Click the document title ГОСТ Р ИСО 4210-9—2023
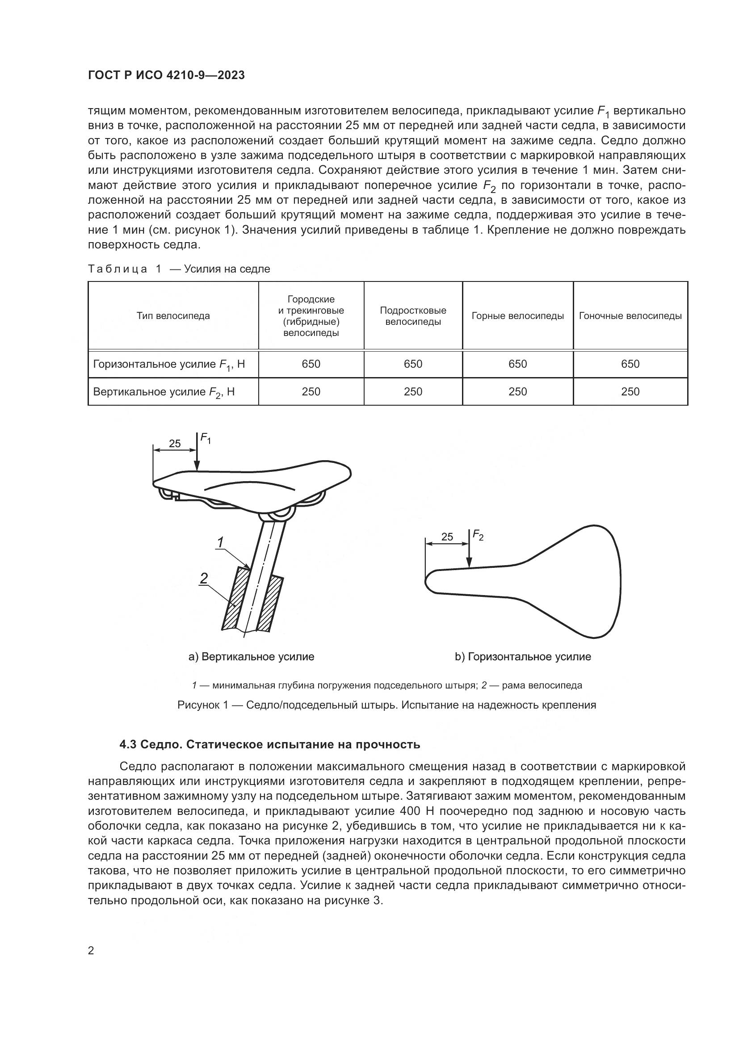coord(166,76)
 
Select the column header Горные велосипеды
coord(517,316)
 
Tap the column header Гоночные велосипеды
coord(630,316)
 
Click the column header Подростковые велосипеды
coord(413,316)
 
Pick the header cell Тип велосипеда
coord(173,316)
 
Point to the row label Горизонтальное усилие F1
coord(169,364)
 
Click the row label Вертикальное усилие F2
coord(164,392)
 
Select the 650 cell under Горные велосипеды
coord(517,364)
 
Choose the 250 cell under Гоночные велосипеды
coord(630,392)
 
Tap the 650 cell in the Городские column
coord(311,364)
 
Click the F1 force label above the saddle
coord(206,439)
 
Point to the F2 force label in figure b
coord(478,535)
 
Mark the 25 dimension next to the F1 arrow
coord(175,444)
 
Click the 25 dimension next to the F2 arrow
coord(447,537)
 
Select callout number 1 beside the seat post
coord(220,542)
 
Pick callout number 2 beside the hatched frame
coord(204,578)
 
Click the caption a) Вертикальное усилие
coord(251,657)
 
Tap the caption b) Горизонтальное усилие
coord(523,657)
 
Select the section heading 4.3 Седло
coord(269,745)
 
